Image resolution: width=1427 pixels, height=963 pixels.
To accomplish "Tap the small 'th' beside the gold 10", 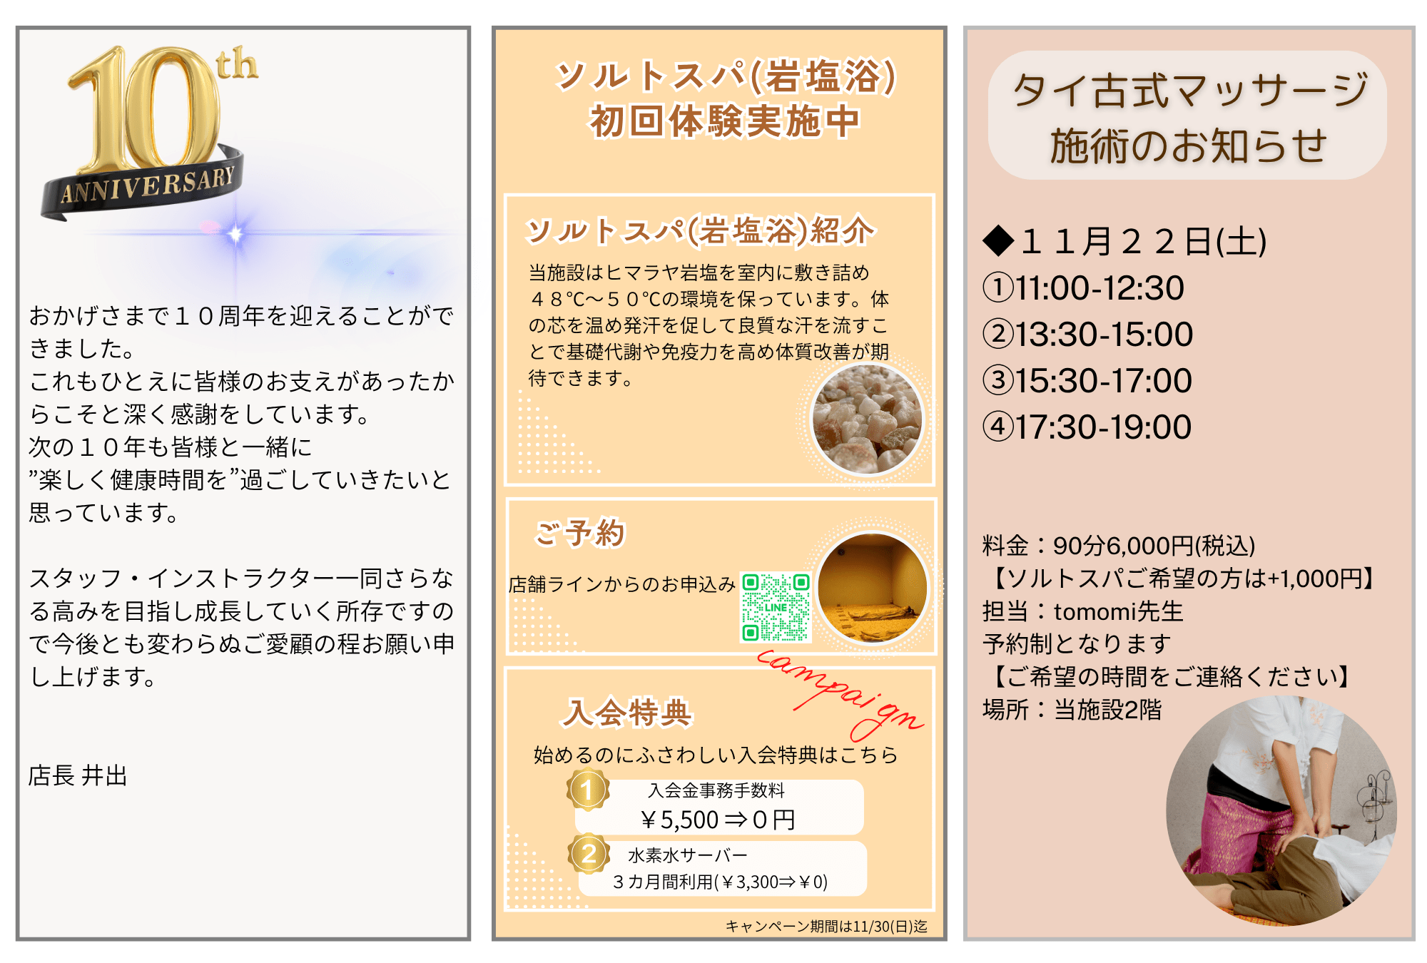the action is point(237,65).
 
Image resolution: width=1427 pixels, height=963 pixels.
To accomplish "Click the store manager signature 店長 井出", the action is point(78,775).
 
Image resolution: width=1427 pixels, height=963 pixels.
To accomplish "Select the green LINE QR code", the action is point(776,607).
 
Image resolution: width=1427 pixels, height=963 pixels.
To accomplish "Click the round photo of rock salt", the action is point(867,418).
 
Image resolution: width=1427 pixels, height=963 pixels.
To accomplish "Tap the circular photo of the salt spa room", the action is point(872,588).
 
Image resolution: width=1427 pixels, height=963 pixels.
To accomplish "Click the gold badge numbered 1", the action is point(588,790).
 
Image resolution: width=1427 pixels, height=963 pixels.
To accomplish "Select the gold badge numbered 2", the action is point(589,853).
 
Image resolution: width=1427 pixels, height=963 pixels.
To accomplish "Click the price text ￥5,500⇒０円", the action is point(717,820).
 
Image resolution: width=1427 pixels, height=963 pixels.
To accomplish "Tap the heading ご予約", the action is point(580,533).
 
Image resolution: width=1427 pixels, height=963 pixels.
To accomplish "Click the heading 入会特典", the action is point(627,712).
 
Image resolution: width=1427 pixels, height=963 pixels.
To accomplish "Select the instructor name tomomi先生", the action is point(1119,611).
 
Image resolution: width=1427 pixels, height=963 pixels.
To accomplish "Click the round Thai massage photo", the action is point(1281,811).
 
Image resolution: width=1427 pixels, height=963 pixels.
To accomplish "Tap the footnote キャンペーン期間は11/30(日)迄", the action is point(826,926).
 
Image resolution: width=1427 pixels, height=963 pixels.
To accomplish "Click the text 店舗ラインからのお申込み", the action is point(621,585).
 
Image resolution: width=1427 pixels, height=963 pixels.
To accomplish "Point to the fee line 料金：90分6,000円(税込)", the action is point(1118,546).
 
